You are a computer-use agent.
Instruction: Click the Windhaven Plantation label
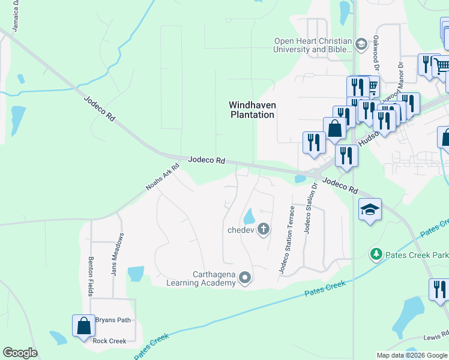pos(252,110)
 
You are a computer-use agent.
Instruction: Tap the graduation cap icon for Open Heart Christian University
pos(361,44)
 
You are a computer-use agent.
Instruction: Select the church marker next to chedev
pos(263,229)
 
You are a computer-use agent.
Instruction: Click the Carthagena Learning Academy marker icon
pos(244,277)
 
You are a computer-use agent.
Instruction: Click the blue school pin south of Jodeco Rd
pos(370,210)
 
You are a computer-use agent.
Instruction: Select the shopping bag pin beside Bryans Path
pos(84,325)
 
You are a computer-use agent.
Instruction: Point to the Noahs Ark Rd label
pos(163,178)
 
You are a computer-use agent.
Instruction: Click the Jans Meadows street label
pos(118,254)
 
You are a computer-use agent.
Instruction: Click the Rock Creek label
pos(109,341)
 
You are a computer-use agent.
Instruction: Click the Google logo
pos(20,352)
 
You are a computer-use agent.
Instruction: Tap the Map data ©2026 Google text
pos(412,355)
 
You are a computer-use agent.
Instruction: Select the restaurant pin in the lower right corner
pos(439,290)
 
